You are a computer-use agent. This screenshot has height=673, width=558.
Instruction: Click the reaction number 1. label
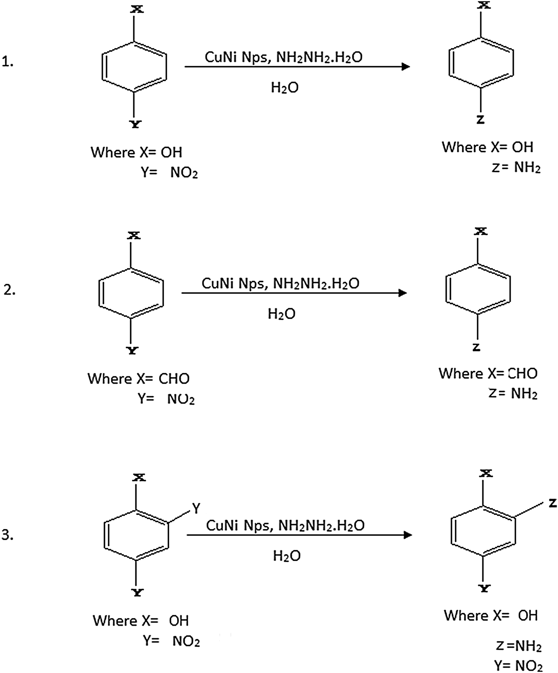(x=8, y=62)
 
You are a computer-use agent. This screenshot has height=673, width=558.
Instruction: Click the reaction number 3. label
(x=8, y=535)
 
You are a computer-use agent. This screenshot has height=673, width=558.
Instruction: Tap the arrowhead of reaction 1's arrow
(x=406, y=66)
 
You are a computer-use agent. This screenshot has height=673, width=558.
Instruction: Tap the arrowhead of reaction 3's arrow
(x=408, y=535)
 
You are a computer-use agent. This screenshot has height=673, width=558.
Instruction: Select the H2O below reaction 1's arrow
(x=285, y=87)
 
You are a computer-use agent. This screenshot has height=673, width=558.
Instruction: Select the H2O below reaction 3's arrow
(x=287, y=556)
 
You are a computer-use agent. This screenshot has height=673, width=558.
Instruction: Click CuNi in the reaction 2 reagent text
(x=218, y=283)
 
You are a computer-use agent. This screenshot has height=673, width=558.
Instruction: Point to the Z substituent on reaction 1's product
(x=480, y=119)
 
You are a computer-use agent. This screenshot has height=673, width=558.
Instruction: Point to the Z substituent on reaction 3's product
(x=552, y=503)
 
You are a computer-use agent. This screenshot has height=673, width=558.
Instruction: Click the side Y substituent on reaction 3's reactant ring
(x=196, y=508)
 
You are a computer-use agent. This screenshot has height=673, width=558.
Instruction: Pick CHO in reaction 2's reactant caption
(x=174, y=378)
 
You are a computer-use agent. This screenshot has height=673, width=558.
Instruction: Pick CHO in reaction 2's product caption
(x=523, y=373)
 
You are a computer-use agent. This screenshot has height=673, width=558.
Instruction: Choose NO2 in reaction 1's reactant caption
(x=184, y=173)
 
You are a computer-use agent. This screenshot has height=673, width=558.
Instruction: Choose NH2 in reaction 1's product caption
(x=527, y=168)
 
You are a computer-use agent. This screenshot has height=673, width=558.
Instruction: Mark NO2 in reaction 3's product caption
(x=529, y=665)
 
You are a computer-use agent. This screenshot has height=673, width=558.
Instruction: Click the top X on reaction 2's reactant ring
(x=134, y=235)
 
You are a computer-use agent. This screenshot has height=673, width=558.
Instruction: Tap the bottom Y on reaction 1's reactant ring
(x=136, y=124)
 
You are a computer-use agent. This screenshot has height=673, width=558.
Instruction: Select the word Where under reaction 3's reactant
(x=115, y=621)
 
